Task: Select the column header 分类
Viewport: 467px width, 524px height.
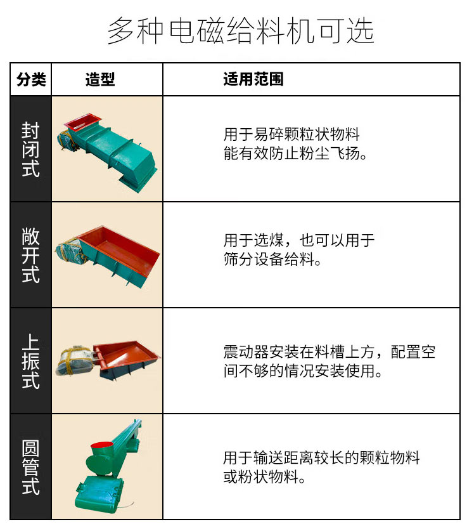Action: point(31,79)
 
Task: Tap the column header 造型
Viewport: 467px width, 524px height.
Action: point(100,79)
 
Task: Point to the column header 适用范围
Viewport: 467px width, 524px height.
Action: point(253,79)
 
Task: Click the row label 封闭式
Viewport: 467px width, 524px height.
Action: point(31,150)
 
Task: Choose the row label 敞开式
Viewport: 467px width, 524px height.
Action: point(31,255)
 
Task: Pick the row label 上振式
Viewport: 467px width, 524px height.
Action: point(31,361)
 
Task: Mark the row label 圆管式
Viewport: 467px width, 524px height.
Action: point(31,467)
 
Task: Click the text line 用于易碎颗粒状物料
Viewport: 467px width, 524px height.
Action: point(291,134)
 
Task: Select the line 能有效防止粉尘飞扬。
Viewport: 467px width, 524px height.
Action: point(296,154)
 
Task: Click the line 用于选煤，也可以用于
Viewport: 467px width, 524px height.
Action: point(299,241)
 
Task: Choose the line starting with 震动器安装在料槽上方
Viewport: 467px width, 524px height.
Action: point(329,352)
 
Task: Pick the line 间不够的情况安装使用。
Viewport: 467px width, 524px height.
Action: point(304,371)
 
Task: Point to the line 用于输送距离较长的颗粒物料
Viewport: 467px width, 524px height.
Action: point(321,458)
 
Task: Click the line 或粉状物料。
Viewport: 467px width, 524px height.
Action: point(264,477)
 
